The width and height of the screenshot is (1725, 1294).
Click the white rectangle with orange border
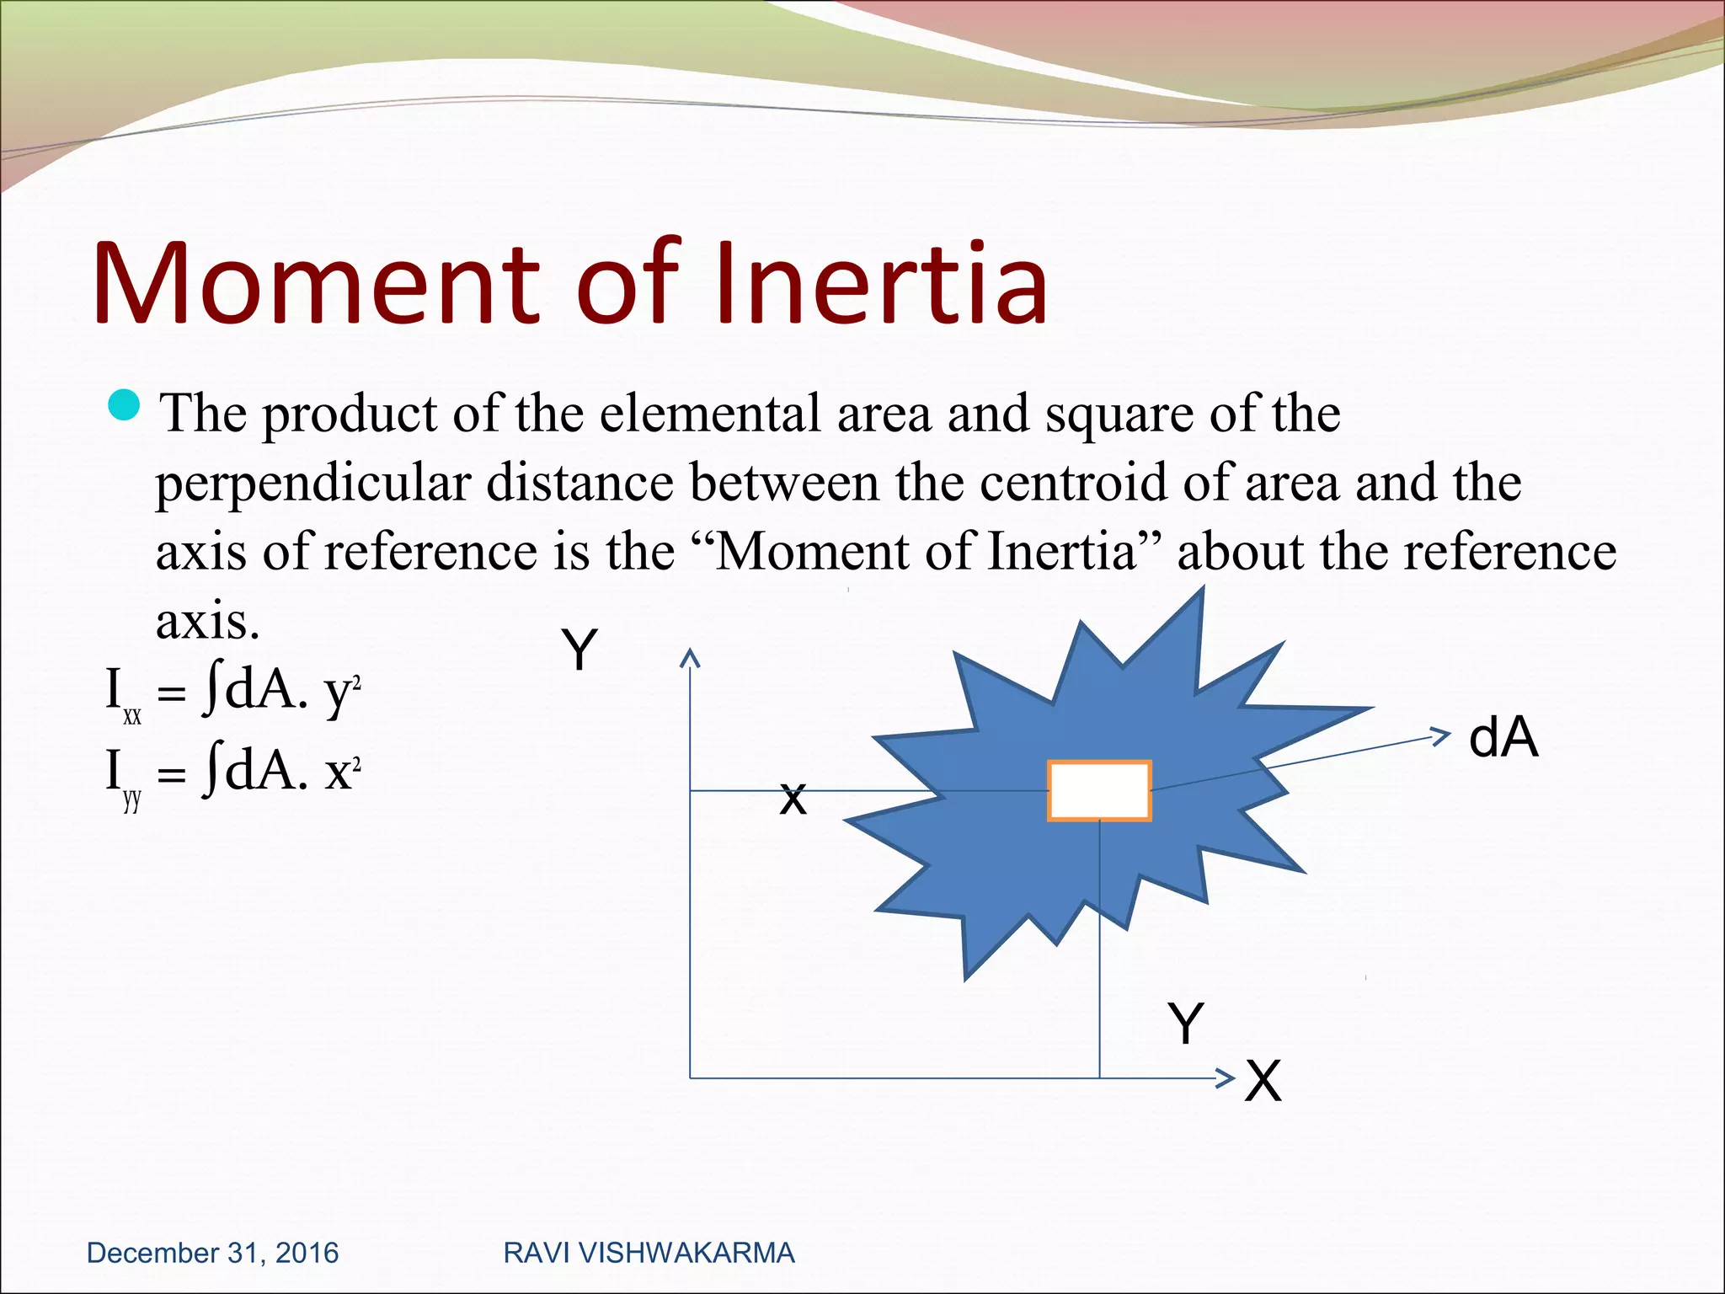coord(1099,790)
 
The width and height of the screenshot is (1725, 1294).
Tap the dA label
coord(1503,738)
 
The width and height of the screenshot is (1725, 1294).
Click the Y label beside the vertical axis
coord(579,650)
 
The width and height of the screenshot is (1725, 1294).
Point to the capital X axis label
coord(1263,1081)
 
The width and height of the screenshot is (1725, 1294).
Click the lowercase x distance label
coord(793,799)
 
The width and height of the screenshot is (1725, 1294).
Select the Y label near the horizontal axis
coord(1186,1024)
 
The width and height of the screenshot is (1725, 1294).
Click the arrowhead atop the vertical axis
coord(690,658)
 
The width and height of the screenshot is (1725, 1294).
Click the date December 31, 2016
coord(212,1253)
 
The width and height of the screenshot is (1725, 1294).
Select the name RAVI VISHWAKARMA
coord(649,1253)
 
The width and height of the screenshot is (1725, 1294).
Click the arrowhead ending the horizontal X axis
coord(1226,1077)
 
